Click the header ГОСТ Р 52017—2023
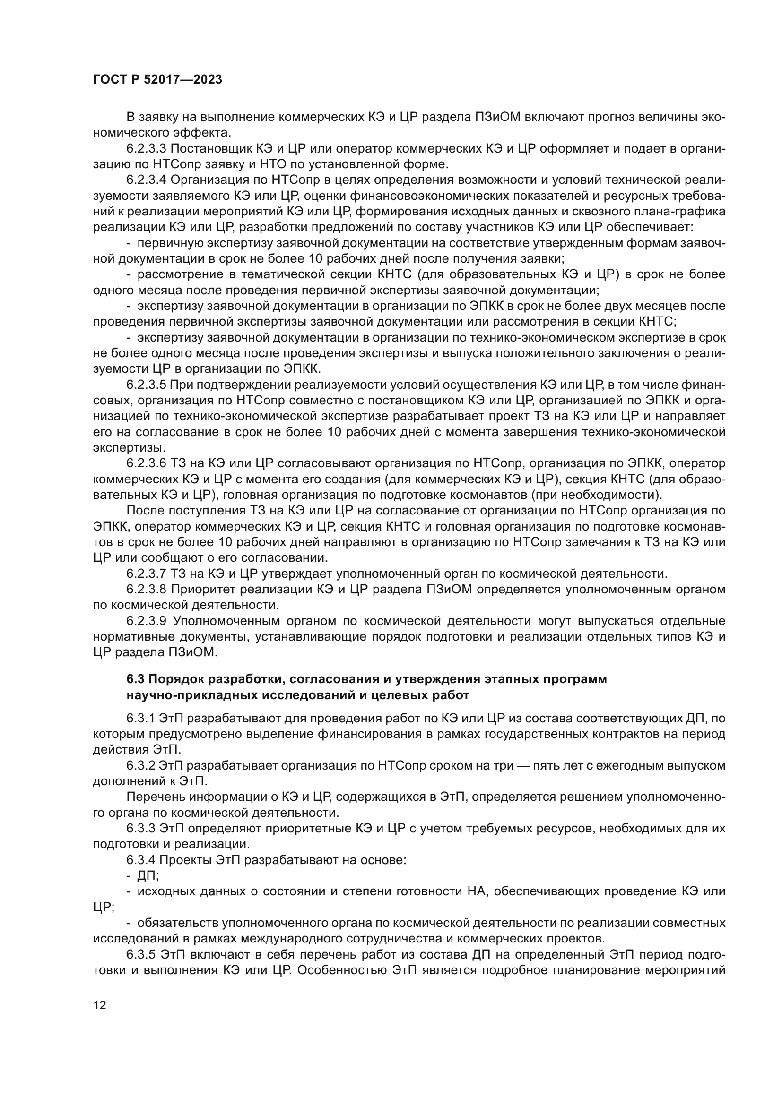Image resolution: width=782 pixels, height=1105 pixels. click(x=157, y=79)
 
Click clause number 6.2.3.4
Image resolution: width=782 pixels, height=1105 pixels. click(x=147, y=180)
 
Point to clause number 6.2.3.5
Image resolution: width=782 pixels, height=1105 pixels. click(x=147, y=385)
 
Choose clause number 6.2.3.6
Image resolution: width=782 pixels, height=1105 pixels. click(x=147, y=463)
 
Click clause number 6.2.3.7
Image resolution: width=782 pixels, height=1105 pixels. click(x=147, y=574)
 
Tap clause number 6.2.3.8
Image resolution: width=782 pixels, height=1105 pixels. click(x=147, y=590)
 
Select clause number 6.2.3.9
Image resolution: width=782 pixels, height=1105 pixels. click(x=147, y=621)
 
